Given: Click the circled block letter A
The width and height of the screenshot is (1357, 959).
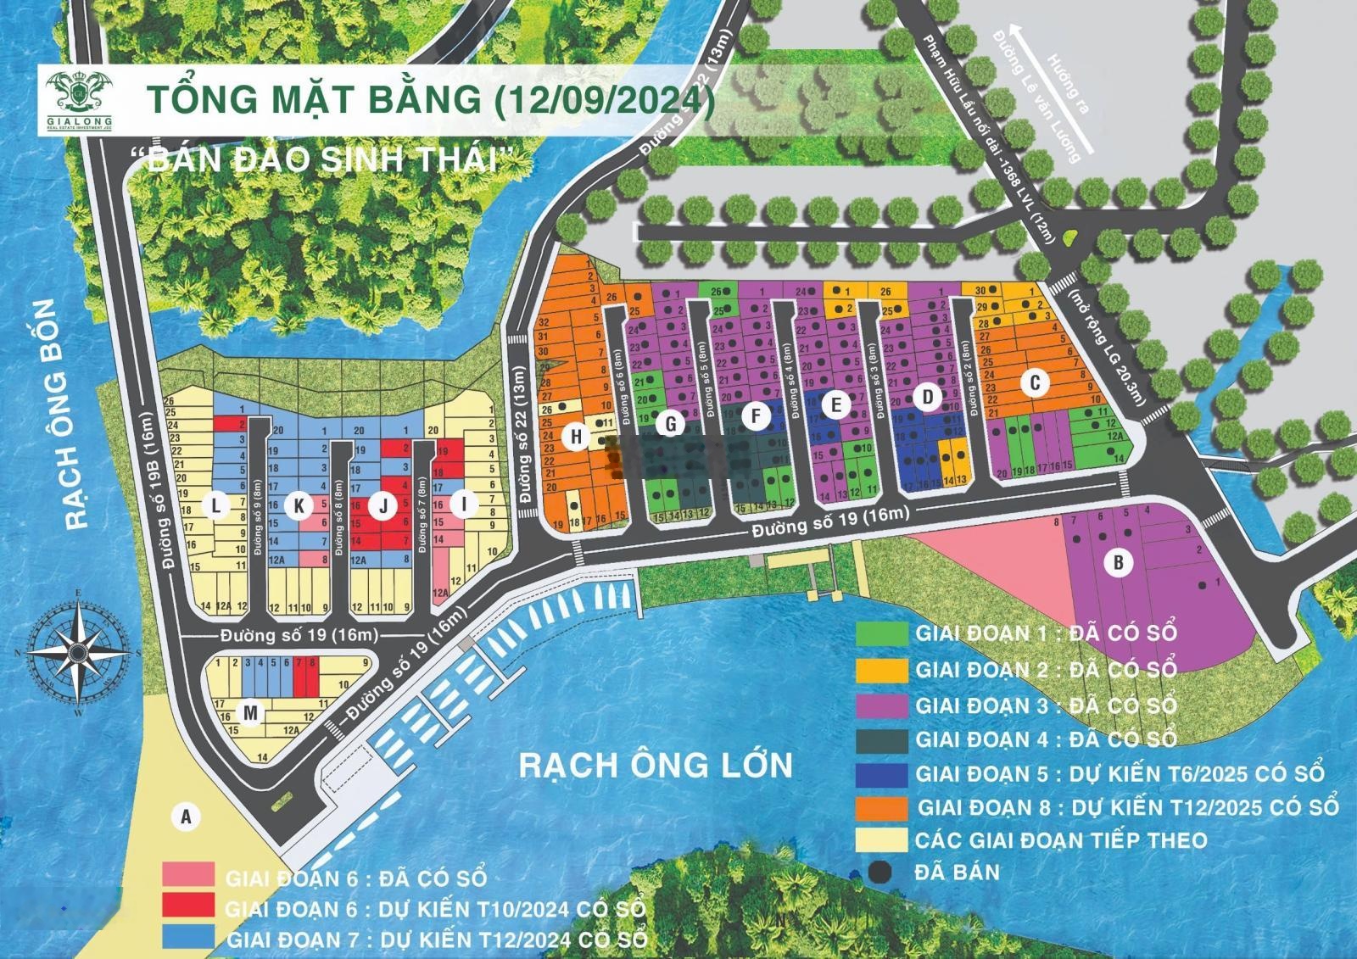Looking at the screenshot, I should pyautogui.click(x=185, y=817).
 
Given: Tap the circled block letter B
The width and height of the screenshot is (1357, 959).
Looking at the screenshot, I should pyautogui.click(x=1119, y=562).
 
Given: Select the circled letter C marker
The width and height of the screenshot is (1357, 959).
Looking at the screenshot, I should pyautogui.click(x=1034, y=383).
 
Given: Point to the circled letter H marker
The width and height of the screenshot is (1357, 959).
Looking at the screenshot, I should pyautogui.click(x=577, y=437).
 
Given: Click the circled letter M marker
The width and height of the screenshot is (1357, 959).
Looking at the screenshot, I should pyautogui.click(x=249, y=714).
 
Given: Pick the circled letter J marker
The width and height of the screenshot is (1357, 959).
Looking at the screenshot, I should pyautogui.click(x=383, y=506).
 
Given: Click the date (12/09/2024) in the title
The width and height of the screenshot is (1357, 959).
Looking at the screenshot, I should pyautogui.click(x=604, y=99).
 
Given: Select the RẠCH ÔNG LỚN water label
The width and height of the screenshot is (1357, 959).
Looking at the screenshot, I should pyautogui.click(x=656, y=765).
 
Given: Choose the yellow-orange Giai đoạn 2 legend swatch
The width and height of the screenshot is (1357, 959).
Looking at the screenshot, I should pyautogui.click(x=881, y=669).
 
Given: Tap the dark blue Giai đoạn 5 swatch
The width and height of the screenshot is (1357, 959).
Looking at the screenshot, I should pyautogui.click(x=881, y=772).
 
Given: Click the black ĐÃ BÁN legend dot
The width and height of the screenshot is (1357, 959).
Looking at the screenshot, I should pyautogui.click(x=881, y=872).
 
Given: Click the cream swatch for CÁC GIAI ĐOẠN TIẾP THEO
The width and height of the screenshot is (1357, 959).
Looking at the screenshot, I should pyautogui.click(x=881, y=839).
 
